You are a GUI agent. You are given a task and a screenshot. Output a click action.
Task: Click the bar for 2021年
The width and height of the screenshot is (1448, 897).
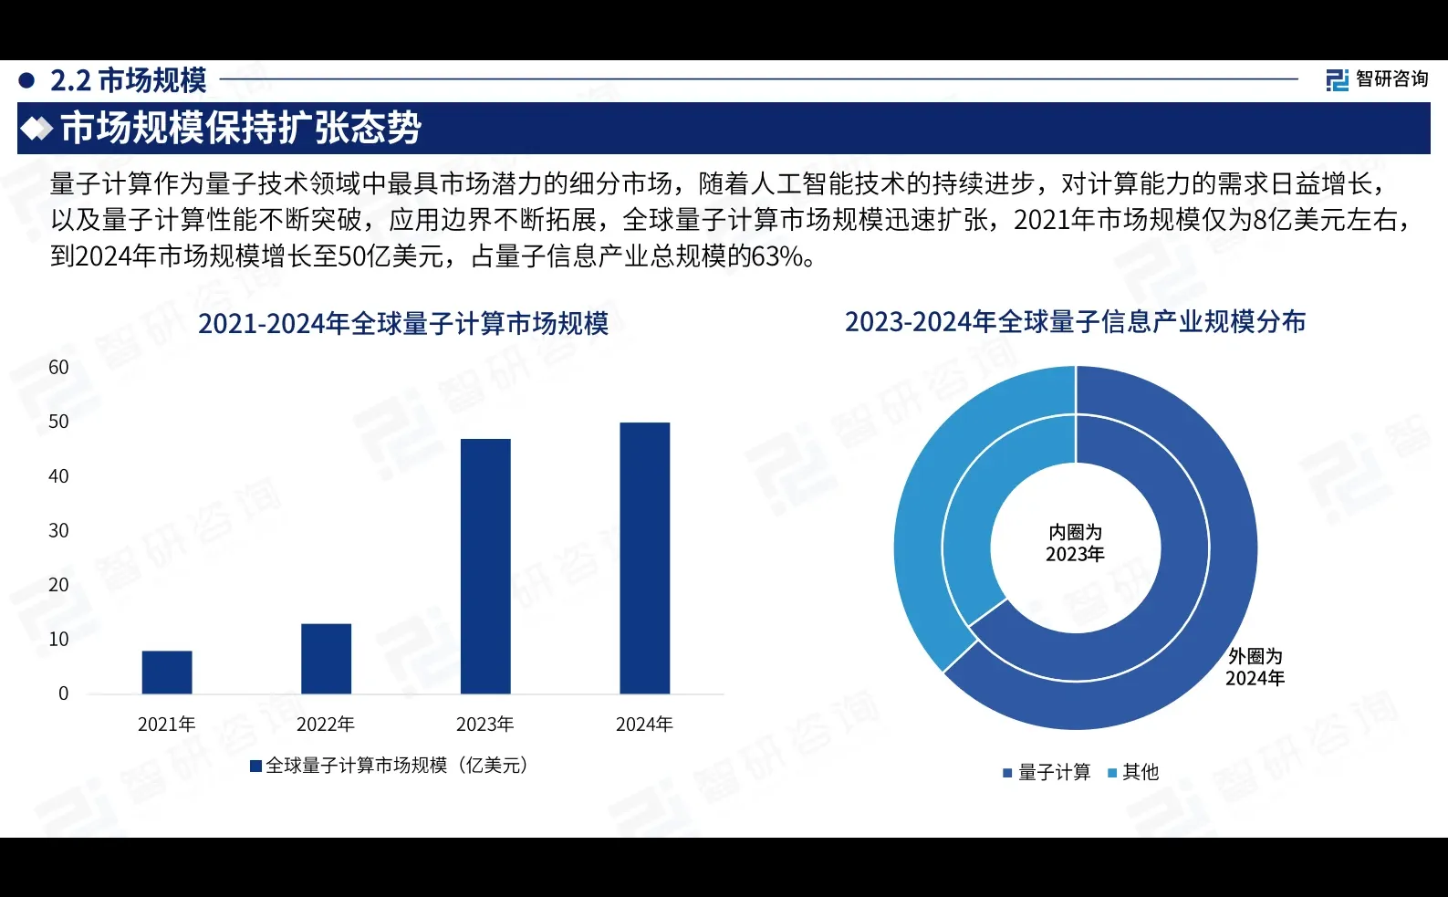coord(167,672)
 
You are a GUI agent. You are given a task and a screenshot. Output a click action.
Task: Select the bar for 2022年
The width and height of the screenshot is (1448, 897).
coord(326,658)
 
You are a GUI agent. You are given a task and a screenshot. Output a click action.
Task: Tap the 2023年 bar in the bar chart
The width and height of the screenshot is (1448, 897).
coord(485,566)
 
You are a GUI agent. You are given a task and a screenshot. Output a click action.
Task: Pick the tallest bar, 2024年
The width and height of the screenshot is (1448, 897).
coord(644,558)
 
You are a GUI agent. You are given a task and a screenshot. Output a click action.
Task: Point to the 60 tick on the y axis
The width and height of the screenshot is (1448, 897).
coord(58,367)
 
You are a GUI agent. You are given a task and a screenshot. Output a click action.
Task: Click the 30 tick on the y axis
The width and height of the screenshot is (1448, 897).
coord(58,530)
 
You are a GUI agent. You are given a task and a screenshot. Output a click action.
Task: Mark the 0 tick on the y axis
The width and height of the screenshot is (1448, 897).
coord(63,694)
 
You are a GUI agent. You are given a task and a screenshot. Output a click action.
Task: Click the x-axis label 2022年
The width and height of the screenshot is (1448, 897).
coord(326,725)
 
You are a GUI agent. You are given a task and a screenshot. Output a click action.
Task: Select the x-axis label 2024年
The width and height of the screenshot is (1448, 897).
coord(644,725)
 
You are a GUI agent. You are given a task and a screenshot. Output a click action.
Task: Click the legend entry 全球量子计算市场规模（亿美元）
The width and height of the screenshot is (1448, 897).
coord(390,766)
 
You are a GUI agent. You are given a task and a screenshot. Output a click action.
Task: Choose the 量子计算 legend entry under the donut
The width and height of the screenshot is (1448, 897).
coord(1047,773)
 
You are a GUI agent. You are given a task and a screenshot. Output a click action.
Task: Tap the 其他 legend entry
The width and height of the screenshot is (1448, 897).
coord(1133,773)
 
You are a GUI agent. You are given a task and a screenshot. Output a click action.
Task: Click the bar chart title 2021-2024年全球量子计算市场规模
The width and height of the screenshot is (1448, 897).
coord(403,324)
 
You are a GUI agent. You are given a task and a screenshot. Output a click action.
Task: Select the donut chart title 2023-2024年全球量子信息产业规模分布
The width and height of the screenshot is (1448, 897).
coord(1075,322)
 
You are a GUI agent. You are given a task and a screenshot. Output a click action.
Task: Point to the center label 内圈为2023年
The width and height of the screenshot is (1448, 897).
coord(1076,543)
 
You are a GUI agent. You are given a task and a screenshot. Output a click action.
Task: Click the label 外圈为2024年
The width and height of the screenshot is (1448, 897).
coord(1255,667)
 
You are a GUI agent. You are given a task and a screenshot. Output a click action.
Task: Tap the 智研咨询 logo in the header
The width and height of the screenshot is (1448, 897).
coord(1378,79)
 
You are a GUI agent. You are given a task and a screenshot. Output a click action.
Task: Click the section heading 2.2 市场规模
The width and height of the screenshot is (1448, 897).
coord(128,80)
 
